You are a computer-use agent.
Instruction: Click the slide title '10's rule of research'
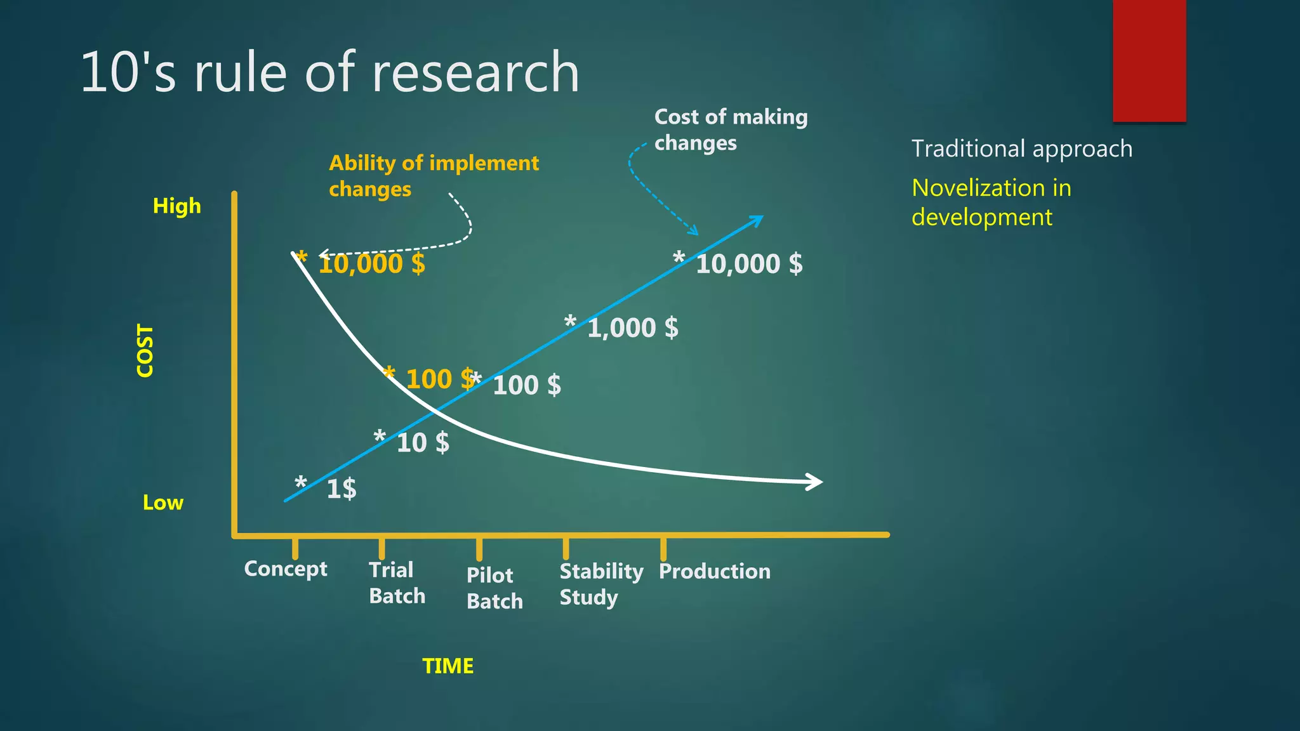point(329,72)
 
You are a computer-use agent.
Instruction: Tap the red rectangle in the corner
point(1149,60)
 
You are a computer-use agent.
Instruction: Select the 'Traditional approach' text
point(1022,149)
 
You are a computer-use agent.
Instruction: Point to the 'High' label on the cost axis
point(176,206)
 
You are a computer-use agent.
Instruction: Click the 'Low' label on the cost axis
point(163,503)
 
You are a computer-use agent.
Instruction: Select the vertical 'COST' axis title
point(145,351)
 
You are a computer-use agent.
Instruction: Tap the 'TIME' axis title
point(448,666)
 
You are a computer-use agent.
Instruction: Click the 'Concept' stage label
point(286,569)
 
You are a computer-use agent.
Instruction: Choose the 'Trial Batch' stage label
point(397,583)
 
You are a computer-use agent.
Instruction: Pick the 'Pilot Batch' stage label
point(494,588)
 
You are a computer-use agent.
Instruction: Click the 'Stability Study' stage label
point(600,584)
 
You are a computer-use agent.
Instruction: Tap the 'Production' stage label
point(714,571)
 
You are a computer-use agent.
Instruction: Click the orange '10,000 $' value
point(371,264)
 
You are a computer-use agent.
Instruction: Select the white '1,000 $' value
point(632,328)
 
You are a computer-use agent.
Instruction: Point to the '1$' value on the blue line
point(342,489)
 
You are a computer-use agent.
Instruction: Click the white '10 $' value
point(423,443)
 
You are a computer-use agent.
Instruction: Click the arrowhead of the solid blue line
point(757,220)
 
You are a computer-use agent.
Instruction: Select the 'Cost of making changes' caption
point(730,130)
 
